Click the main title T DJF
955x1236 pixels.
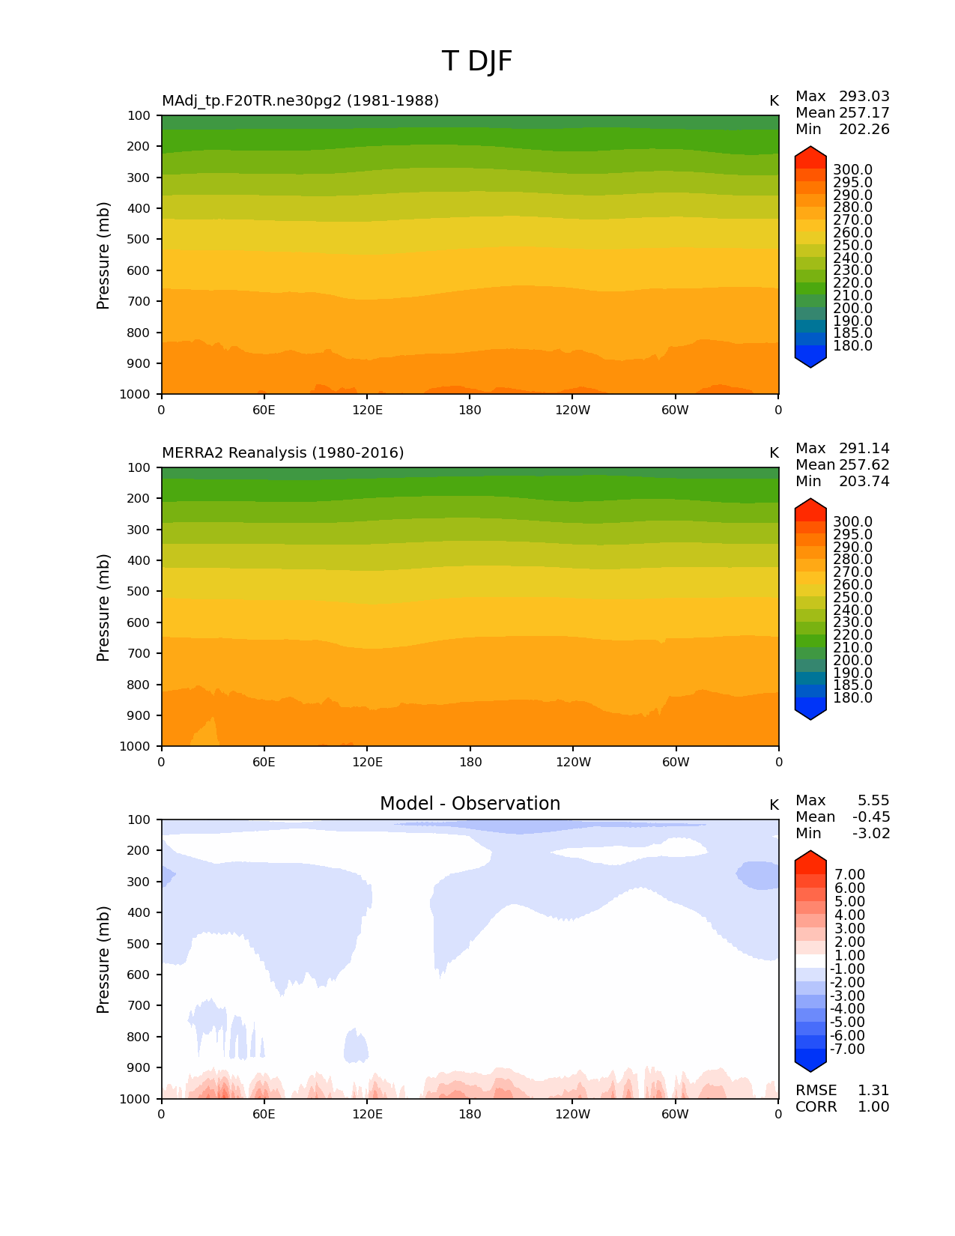pyautogui.click(x=477, y=61)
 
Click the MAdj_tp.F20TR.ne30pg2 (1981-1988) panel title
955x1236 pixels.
pyautogui.click(x=300, y=100)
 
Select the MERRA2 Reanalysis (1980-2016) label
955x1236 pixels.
pyautogui.click(x=282, y=452)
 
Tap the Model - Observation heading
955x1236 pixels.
pyautogui.click(x=470, y=804)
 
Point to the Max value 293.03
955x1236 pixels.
pyautogui.click(x=864, y=97)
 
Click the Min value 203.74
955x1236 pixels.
pyautogui.click(x=864, y=482)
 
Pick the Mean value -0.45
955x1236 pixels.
pyautogui.click(x=871, y=817)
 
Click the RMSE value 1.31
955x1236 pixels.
pyautogui.click(x=873, y=1091)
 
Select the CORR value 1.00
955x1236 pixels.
pyautogui.click(x=873, y=1107)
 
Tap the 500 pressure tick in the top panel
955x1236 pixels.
pyautogui.click(x=139, y=240)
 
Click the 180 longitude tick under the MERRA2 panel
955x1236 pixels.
pyautogui.click(x=470, y=763)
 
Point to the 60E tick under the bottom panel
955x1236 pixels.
pyautogui.click(x=264, y=1115)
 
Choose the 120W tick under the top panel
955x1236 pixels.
pyautogui.click(x=573, y=411)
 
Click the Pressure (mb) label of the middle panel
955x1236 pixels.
pyautogui.click(x=103, y=608)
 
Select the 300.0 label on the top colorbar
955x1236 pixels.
pyautogui.click(x=852, y=170)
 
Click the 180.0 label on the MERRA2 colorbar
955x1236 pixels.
pyautogui.click(x=852, y=698)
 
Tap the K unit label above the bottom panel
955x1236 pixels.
pyautogui.click(x=774, y=805)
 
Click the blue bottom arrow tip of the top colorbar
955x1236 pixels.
pyautogui.click(x=810, y=365)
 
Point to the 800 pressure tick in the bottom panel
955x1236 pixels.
pyautogui.click(x=139, y=1037)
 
